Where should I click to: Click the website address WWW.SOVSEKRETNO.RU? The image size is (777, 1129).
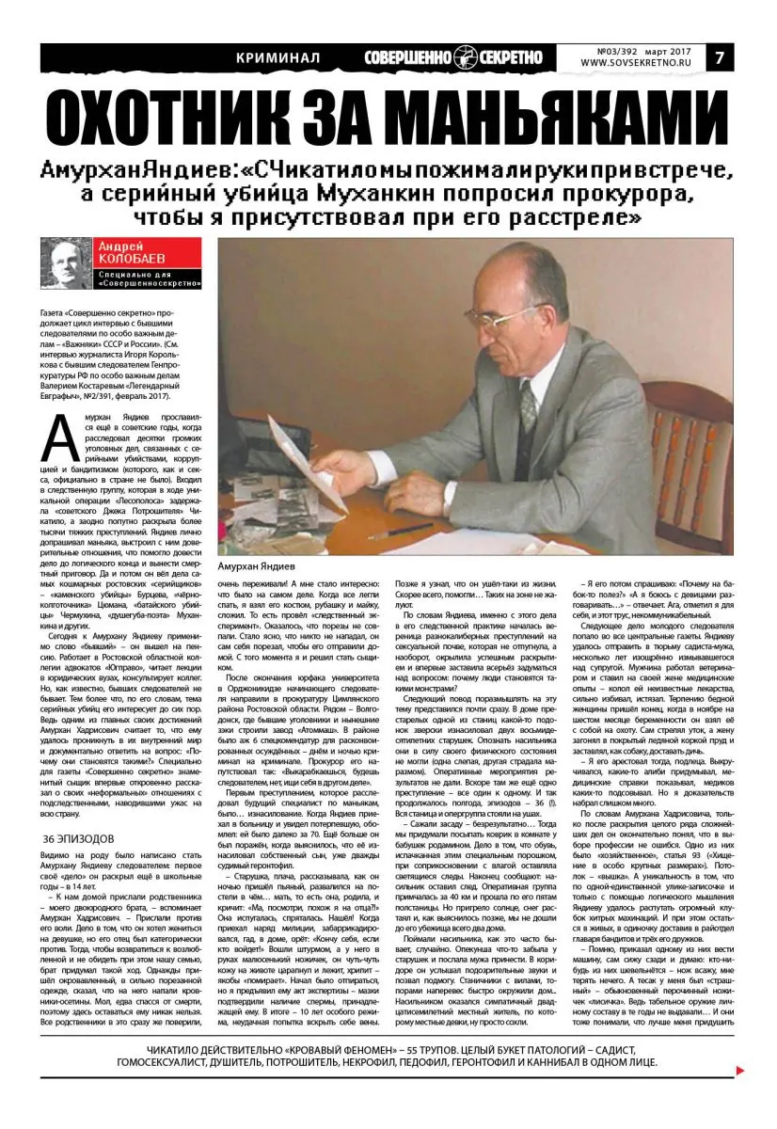[648, 63]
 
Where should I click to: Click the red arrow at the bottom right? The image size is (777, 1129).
[740, 1070]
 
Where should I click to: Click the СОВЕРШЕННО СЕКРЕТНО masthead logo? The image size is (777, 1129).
[453, 57]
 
